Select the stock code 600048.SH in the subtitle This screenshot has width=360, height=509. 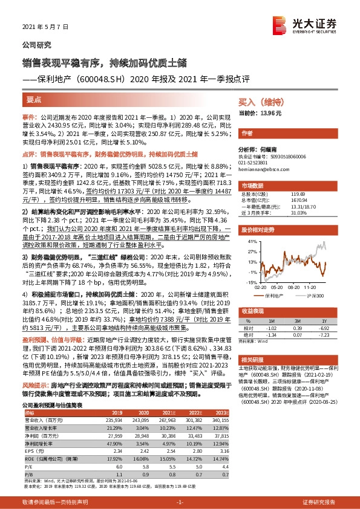107,79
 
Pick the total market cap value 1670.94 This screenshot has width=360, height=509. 298,200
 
